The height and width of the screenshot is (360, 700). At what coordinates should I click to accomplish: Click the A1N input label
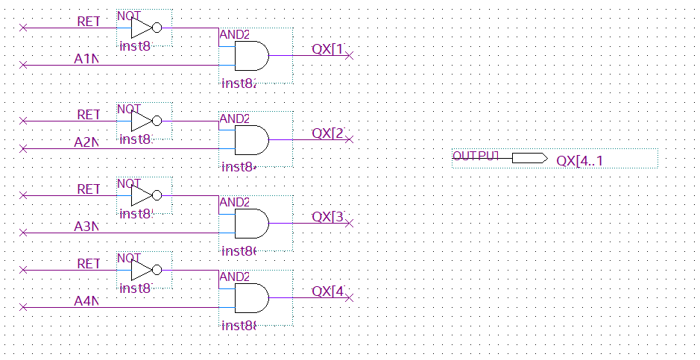point(86,58)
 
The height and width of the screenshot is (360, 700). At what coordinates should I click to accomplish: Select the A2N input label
point(86,142)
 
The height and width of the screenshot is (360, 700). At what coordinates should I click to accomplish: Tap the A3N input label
point(86,226)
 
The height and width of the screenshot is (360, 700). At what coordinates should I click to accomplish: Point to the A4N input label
point(86,300)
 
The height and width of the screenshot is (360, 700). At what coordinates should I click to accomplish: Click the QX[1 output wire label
point(328,49)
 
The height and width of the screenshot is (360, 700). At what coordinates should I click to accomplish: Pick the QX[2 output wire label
point(328,133)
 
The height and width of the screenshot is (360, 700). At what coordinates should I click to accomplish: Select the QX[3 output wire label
point(328,217)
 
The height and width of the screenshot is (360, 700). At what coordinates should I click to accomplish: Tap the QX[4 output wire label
point(328,291)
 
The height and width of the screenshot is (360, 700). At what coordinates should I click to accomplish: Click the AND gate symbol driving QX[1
point(251,56)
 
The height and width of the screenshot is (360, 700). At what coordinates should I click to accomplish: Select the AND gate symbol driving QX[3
point(251,223)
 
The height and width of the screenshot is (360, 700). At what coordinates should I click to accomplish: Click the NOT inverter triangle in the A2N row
point(141,121)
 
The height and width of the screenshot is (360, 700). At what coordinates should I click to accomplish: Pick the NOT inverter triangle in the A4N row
point(141,270)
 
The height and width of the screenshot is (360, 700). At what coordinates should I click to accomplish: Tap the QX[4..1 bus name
point(579,161)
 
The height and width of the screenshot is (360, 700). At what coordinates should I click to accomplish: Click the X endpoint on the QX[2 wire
point(349,139)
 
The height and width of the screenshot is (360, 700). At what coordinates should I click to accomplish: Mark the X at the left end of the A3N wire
point(23,233)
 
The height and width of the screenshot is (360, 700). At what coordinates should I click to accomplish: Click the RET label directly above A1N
point(88,22)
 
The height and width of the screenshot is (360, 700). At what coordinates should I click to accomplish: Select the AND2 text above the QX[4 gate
point(234,277)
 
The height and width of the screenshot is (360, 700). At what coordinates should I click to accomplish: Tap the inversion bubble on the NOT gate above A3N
point(157,195)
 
